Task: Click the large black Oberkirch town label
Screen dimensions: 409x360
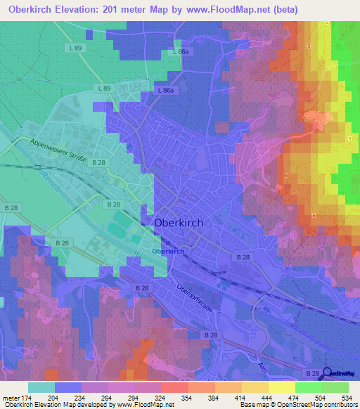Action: pyautogui.click(x=178, y=222)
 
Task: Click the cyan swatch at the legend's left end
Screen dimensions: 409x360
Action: pyautogui.click(x=41, y=387)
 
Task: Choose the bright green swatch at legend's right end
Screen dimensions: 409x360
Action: pyautogui.click(x=335, y=387)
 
